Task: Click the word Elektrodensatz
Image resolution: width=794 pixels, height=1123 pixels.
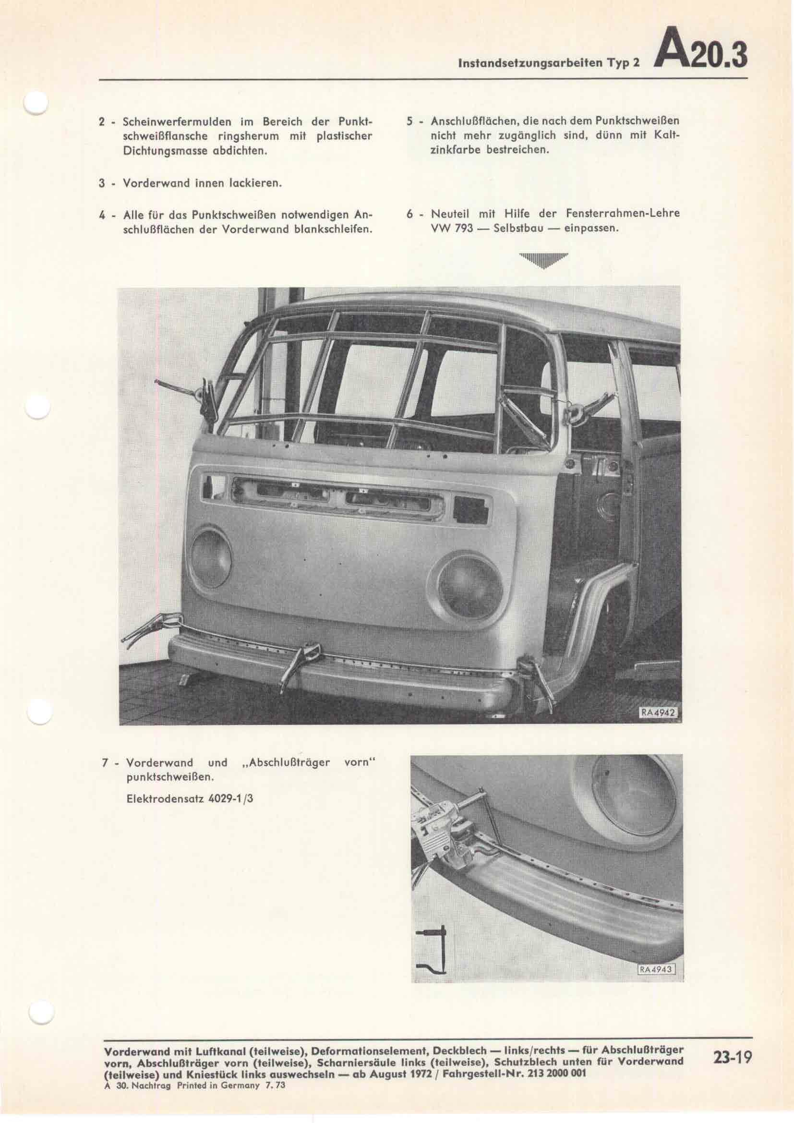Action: tap(157, 799)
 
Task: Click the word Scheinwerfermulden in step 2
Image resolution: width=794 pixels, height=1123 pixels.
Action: tap(171, 121)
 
